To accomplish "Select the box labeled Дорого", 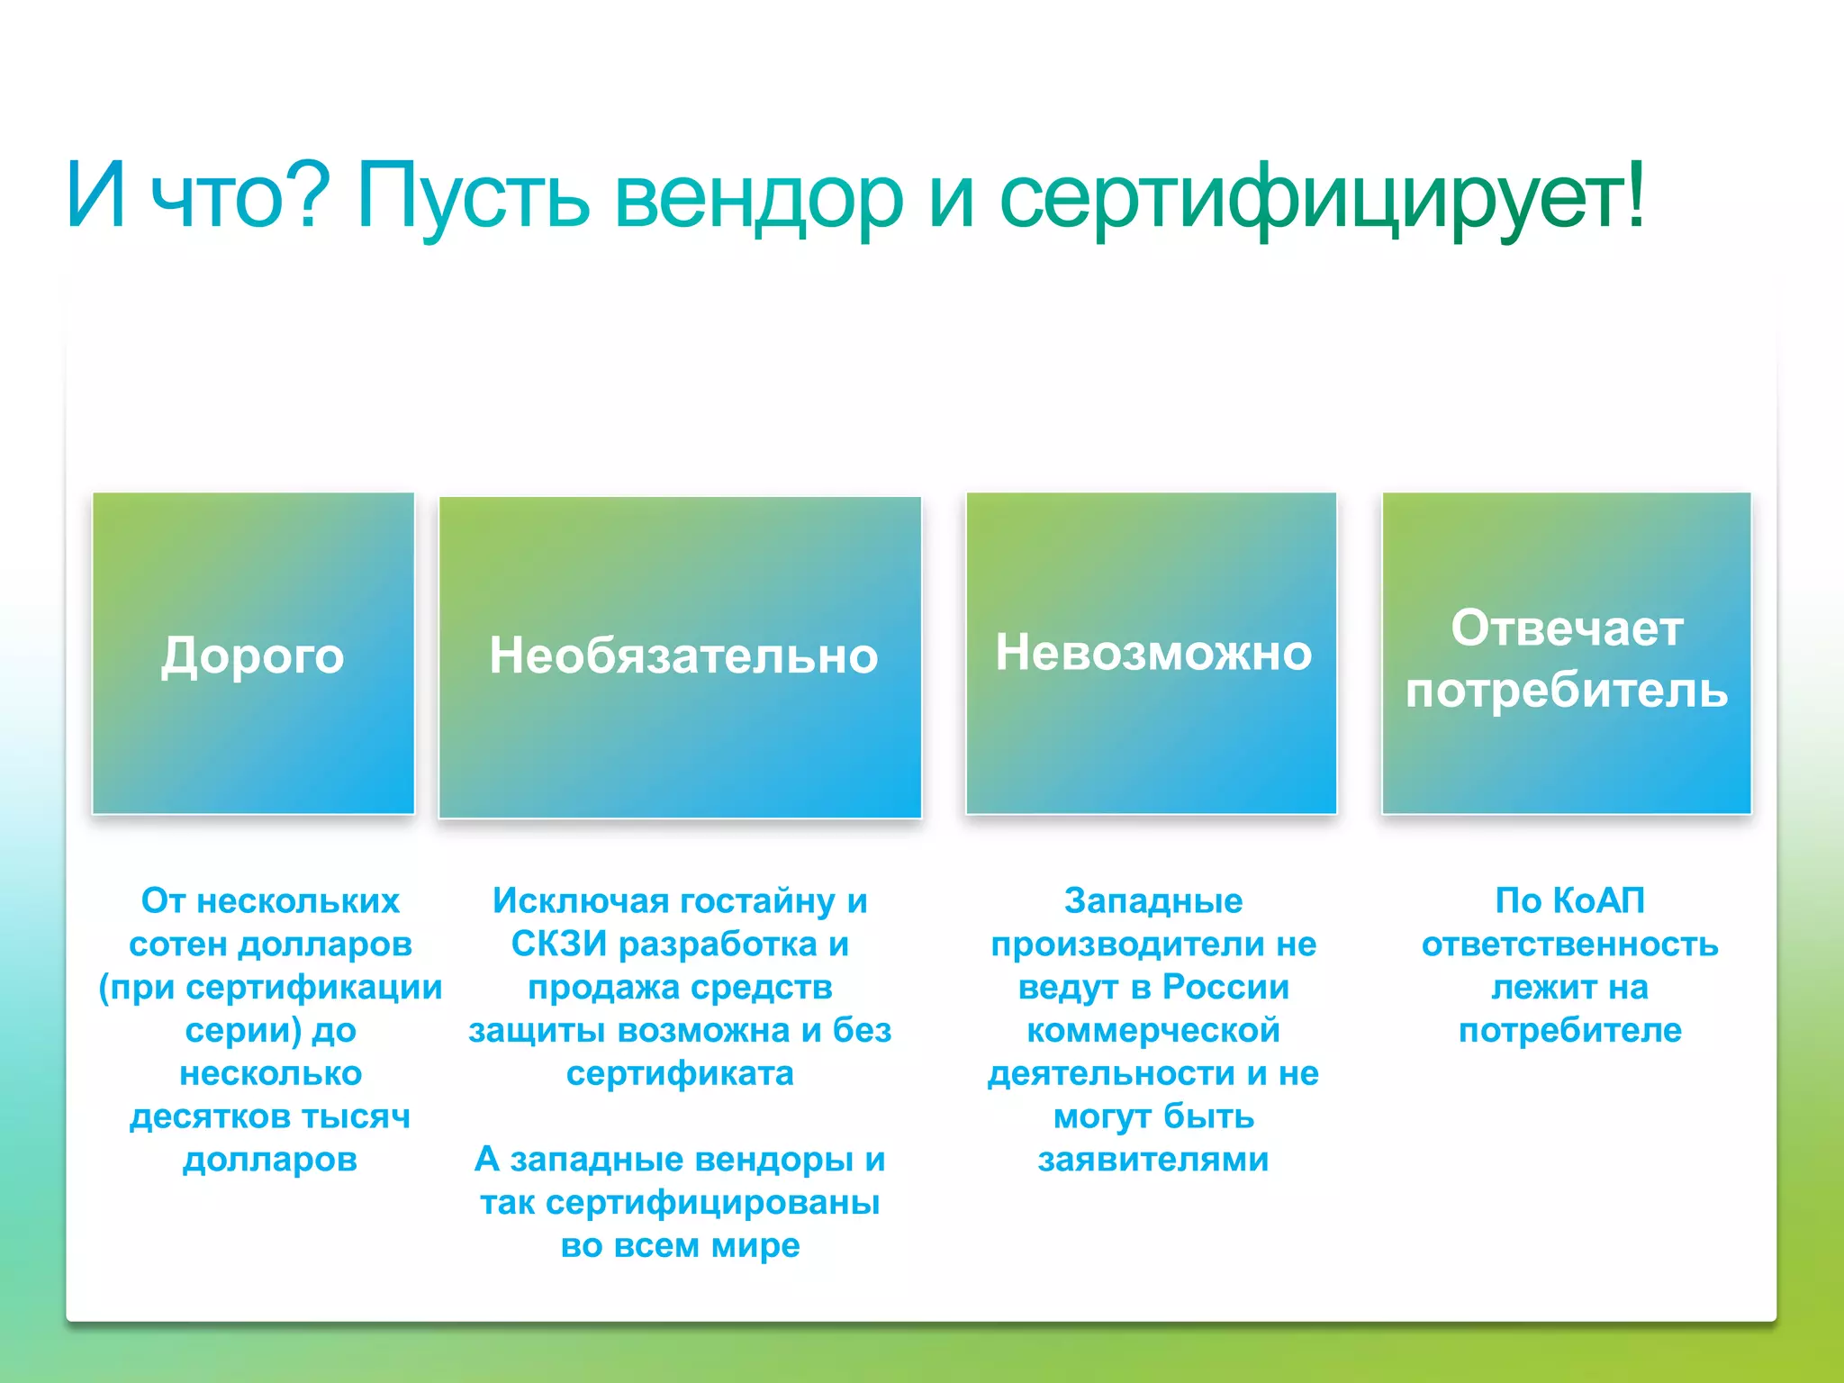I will coord(253,655).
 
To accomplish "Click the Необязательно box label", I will coord(682,655).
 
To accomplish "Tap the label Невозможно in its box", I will coord(1152,653).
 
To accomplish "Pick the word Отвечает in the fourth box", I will coord(1567,628).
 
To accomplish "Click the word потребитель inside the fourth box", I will coord(1567,691).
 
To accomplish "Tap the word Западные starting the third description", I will coord(1152,901).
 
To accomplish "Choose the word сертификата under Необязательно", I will coord(680,1073).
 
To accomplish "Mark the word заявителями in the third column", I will coord(1152,1160).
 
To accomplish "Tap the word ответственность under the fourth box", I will coord(1569,945).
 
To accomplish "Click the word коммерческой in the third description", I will coord(1152,1030).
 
